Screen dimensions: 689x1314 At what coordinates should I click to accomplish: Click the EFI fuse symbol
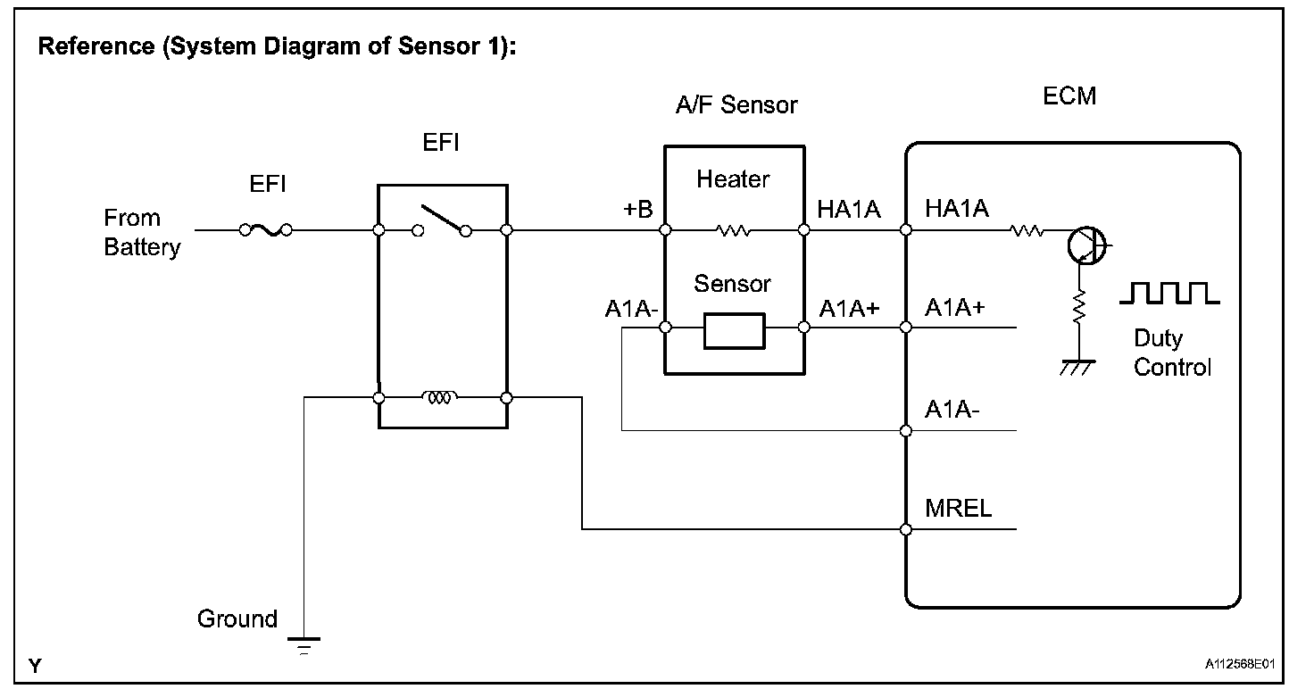click(265, 230)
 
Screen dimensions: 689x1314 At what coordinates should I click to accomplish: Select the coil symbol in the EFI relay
click(441, 398)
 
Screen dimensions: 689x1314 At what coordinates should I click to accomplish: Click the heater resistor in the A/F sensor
click(734, 231)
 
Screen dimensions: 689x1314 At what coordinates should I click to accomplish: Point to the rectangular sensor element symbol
click(734, 330)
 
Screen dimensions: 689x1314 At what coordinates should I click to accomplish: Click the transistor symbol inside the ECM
click(1086, 244)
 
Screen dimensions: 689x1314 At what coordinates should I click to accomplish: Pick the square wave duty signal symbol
click(1168, 293)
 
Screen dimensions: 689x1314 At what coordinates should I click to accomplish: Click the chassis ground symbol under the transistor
click(1078, 367)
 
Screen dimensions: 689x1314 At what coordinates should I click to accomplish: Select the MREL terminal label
click(958, 509)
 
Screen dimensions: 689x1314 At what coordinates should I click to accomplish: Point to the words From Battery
click(142, 232)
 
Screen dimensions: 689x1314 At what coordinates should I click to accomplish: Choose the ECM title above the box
click(1069, 96)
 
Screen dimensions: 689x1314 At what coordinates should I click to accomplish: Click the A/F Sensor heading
click(736, 105)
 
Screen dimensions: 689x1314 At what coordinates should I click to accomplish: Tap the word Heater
click(733, 179)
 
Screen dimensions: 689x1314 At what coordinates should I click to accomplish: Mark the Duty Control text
click(1172, 353)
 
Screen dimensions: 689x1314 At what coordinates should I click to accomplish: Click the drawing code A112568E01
click(1240, 665)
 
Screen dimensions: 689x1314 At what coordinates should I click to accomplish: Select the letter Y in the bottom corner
click(35, 665)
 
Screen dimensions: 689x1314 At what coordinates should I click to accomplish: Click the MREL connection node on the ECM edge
click(906, 529)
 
